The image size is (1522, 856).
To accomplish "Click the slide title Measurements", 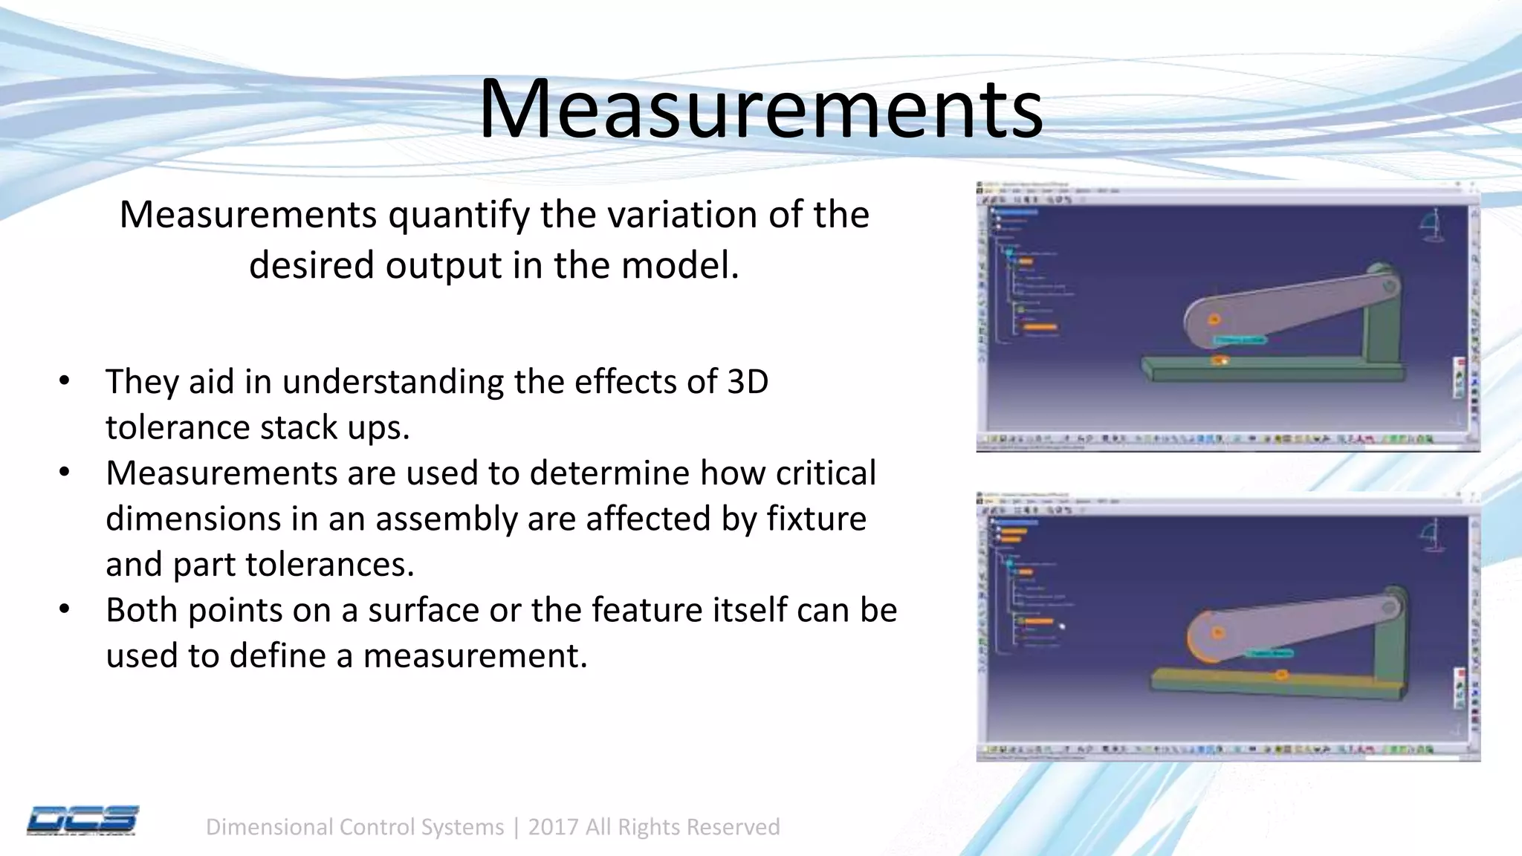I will coord(760,109).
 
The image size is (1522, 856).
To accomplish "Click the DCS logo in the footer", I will coord(82,820).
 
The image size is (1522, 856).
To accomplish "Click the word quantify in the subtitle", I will coord(456,215).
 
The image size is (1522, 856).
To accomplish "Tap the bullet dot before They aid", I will coord(65,381).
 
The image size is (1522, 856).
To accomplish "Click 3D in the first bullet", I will coord(747,381).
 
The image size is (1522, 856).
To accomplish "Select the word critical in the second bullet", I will coord(826,473).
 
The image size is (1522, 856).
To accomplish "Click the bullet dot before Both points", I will coord(65,610).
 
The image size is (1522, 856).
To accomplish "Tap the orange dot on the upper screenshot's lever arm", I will coord(1214,320).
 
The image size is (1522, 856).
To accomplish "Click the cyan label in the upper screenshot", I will coord(1240,340).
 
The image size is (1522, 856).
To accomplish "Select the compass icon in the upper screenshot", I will coord(1431,225).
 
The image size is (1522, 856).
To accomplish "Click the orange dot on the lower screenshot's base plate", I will coord(1282,675).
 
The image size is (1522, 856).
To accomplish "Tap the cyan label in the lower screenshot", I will coord(1269,653).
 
